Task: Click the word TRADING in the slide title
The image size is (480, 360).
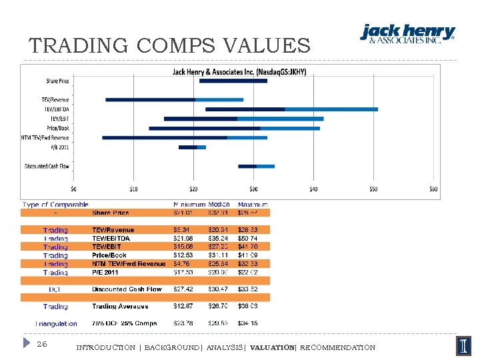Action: [x=79, y=46]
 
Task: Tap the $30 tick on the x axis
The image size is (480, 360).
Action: [x=253, y=189]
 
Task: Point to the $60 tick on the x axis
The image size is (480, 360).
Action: [x=433, y=189]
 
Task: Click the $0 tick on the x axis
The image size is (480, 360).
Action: [x=73, y=189]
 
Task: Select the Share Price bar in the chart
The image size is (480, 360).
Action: [x=233, y=81]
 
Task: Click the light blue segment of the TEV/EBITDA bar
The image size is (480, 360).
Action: [x=331, y=109]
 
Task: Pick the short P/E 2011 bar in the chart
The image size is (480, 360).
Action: [x=192, y=147]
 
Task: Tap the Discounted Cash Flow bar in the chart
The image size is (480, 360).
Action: [x=256, y=166]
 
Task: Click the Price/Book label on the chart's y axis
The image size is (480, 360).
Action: [x=57, y=128]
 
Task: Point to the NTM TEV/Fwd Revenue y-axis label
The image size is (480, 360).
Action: [x=45, y=137]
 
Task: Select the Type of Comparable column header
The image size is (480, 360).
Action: [x=55, y=205]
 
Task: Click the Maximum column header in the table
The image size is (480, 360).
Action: [x=253, y=205]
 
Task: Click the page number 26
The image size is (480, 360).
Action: [x=41, y=344]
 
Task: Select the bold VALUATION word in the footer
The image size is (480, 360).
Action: [x=271, y=347]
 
